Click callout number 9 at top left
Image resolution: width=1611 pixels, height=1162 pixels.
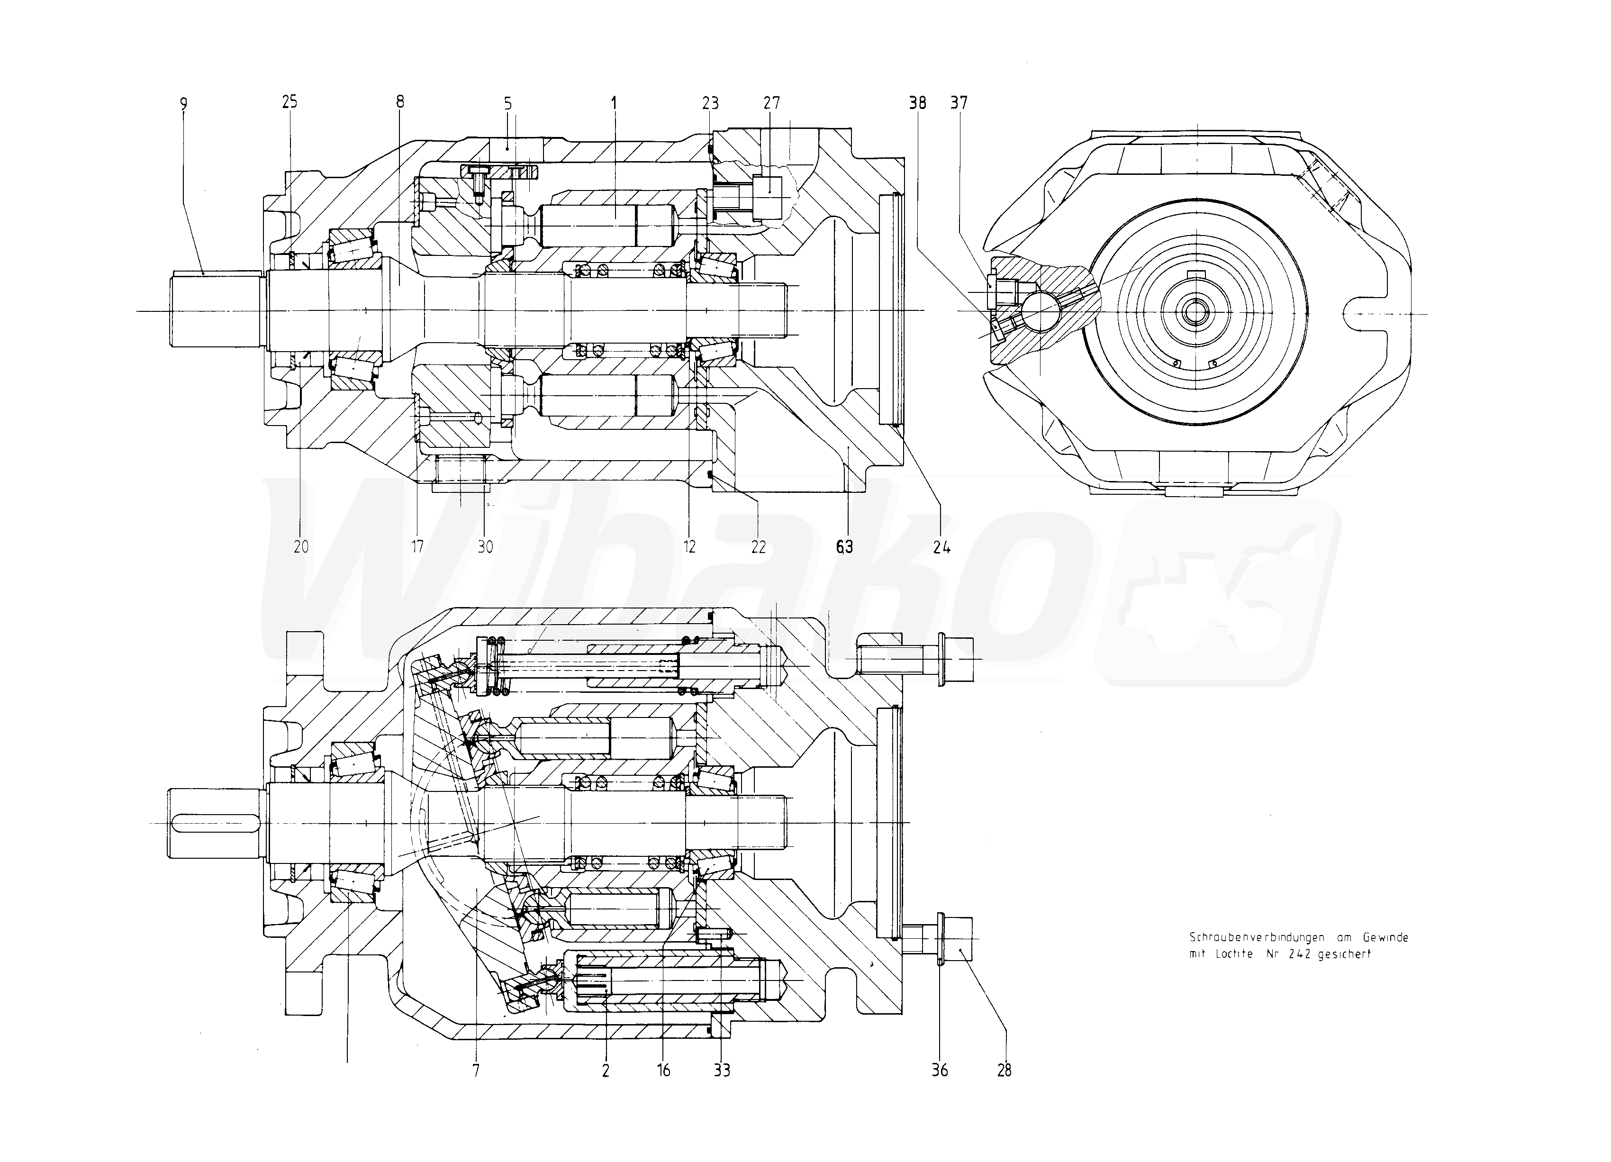pos(183,104)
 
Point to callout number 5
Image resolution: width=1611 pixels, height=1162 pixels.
pos(508,104)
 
